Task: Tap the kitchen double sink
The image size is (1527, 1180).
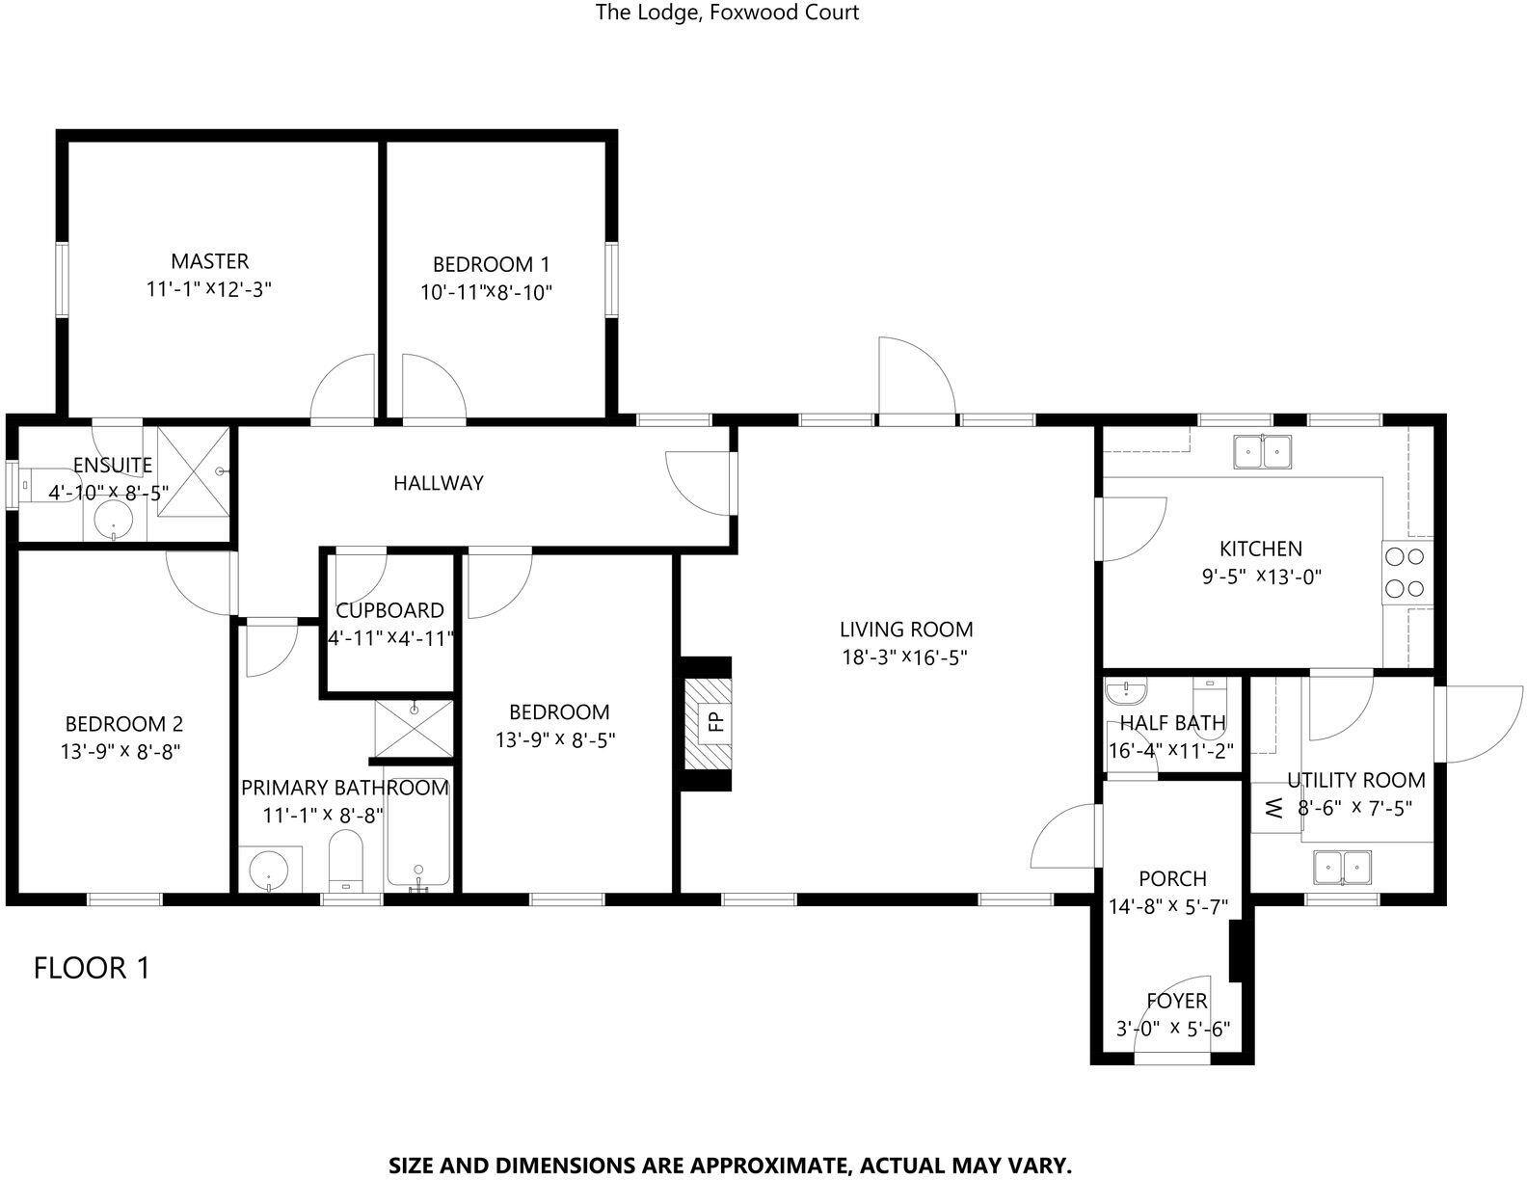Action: point(1263,451)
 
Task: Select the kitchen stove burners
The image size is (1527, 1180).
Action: point(1405,572)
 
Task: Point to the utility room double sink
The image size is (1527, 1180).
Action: point(1342,867)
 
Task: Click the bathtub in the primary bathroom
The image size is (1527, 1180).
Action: point(418,844)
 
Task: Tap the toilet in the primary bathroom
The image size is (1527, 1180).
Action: point(346,860)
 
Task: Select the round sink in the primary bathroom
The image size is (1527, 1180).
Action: point(270,870)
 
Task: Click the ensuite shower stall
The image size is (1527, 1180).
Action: point(193,470)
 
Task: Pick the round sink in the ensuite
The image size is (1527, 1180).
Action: point(113,520)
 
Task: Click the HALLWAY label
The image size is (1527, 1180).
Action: point(439,483)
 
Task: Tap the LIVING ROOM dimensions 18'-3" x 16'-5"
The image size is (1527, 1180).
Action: point(905,657)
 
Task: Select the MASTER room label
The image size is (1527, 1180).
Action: point(209,261)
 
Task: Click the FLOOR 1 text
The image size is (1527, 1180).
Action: point(92,968)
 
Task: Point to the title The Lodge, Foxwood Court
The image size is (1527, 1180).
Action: point(727,13)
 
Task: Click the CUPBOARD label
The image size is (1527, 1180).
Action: point(390,610)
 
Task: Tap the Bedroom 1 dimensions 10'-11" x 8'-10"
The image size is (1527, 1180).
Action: point(486,292)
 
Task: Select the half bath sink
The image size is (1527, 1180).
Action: point(1126,691)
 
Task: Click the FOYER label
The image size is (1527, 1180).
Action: point(1177,1001)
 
